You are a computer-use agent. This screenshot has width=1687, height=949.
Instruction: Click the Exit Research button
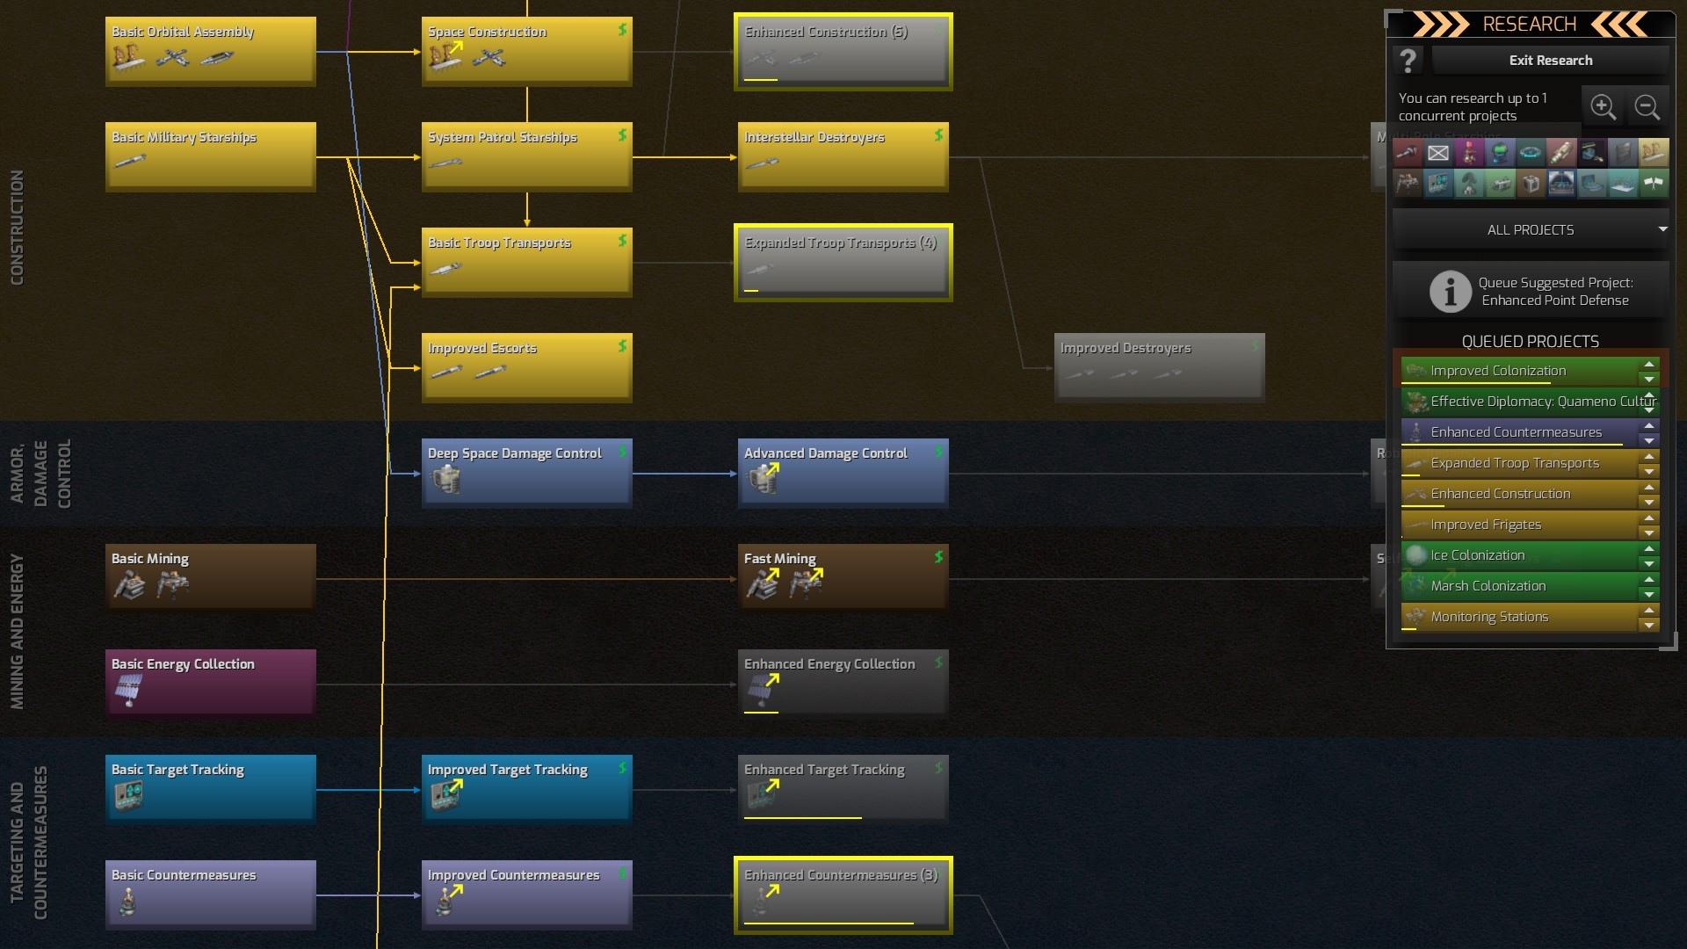[1550, 61]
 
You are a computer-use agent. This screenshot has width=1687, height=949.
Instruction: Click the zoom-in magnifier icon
[1603, 107]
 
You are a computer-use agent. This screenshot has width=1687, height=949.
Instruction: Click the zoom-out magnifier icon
[1647, 107]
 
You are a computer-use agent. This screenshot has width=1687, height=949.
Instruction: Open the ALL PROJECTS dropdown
[1531, 230]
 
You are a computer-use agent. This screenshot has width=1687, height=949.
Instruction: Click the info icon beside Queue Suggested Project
[1450, 291]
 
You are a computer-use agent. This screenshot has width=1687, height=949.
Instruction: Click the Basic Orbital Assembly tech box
[210, 51]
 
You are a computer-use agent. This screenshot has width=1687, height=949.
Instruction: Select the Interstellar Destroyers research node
[843, 156]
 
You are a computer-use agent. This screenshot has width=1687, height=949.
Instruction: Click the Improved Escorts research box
[526, 367]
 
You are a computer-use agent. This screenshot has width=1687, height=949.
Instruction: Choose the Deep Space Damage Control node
[526, 473]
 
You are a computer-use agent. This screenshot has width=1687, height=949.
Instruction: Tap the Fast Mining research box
[843, 578]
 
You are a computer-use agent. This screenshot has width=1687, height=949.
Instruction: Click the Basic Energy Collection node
[210, 684]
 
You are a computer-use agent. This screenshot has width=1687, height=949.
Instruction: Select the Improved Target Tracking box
[526, 789]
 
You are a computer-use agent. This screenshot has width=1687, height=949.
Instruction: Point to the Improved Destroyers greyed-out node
[1159, 367]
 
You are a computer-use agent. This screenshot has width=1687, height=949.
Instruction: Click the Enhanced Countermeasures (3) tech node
[843, 895]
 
